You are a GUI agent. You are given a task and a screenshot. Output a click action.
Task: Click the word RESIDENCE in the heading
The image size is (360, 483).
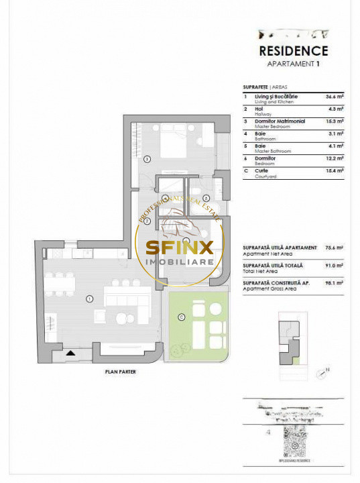pos(293,51)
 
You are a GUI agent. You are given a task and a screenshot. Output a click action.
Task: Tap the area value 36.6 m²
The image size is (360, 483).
pos(335,97)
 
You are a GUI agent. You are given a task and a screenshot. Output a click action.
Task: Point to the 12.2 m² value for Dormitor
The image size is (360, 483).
pos(335,158)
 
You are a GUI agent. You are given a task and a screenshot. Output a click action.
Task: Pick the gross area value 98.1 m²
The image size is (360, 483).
pos(334,284)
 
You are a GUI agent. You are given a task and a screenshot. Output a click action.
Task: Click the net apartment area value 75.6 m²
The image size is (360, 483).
pos(334,248)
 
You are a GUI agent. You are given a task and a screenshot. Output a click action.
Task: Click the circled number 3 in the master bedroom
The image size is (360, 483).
pos(147,159)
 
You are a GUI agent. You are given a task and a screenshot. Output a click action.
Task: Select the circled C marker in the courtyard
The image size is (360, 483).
pos(180,317)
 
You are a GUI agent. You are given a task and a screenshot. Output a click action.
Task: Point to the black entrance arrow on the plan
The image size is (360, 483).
pos(71,352)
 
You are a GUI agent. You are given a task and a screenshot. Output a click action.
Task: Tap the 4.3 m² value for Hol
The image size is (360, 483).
pos(335,109)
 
